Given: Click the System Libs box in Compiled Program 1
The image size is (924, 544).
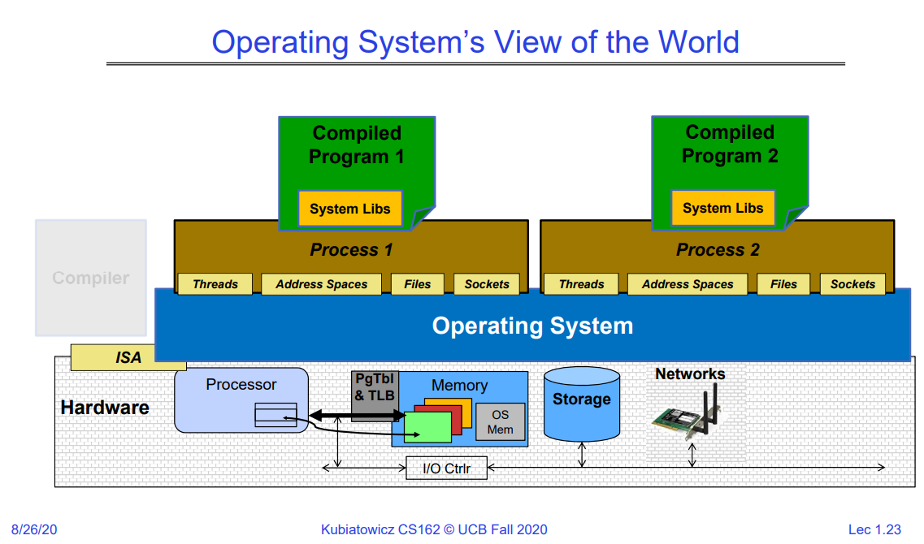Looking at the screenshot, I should [x=350, y=209].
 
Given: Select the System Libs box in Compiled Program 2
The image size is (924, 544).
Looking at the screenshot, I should [x=723, y=208].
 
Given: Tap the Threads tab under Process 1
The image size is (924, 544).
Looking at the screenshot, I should [x=215, y=284].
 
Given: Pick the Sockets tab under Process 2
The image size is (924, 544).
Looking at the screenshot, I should [x=853, y=284].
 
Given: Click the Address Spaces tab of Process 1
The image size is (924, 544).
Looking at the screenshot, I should [x=322, y=284].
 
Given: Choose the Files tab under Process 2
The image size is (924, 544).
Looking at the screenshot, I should [x=783, y=284].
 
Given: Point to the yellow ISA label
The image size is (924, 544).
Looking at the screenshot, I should [x=128, y=357].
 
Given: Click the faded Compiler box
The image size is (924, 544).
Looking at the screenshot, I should [x=91, y=278].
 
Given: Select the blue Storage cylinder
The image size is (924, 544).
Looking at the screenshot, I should [x=581, y=404].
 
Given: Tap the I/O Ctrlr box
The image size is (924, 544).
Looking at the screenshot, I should [x=446, y=468].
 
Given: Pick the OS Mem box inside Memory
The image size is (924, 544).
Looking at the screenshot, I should [x=501, y=422].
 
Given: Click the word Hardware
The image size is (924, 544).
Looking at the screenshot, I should [x=105, y=408].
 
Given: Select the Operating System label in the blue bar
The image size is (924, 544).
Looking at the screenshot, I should [x=532, y=326].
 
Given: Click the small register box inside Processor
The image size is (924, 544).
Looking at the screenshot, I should [x=275, y=415].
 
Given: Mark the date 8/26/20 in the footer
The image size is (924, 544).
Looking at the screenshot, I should [x=33, y=529].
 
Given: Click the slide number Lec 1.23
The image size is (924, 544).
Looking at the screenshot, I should [x=874, y=529].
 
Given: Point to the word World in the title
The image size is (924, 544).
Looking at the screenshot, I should [x=699, y=41].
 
